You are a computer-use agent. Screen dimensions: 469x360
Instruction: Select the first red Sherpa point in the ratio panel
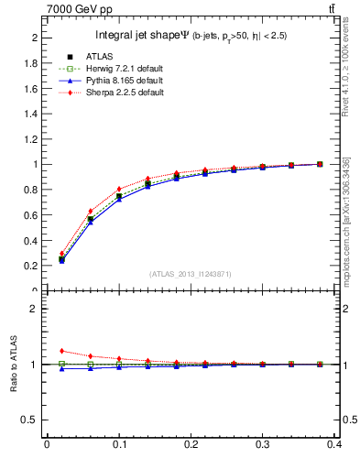tap(61, 351)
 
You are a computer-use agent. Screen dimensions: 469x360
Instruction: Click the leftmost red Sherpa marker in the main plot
tap(61, 254)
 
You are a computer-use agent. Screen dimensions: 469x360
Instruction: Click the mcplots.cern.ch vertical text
tap(346, 220)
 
